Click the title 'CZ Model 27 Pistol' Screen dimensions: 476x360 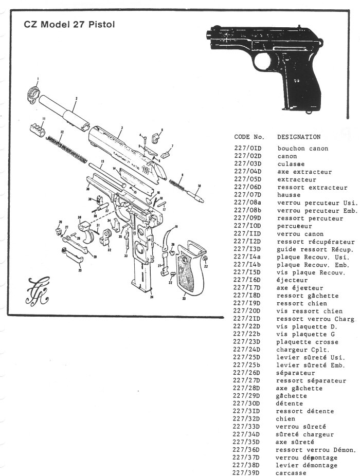pyautogui.click(x=69, y=25)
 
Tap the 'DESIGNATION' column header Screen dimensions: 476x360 pyautogui.click(x=298, y=137)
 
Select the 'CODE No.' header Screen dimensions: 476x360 pyautogui.click(x=249, y=137)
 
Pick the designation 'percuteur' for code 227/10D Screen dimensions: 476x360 pyautogui.click(x=295, y=226)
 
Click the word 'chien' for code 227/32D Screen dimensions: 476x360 pyautogui.click(x=286, y=419)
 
